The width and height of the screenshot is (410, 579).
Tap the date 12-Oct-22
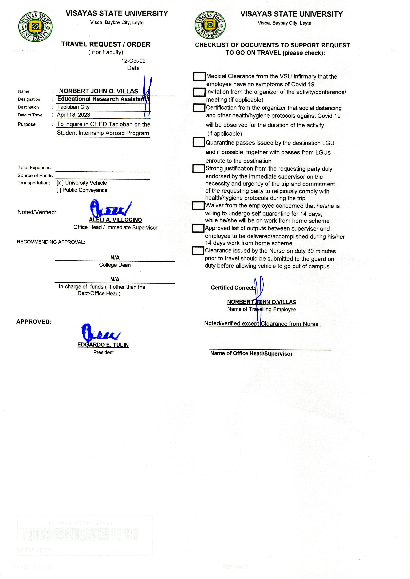tap(133, 61)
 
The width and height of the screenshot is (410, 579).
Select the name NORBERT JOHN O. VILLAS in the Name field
tap(98, 91)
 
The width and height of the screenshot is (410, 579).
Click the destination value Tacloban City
tap(73, 107)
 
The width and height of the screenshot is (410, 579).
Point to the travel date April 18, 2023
tap(74, 115)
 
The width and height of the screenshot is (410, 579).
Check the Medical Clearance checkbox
tap(199, 76)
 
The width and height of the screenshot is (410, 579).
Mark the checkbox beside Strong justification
tap(198, 168)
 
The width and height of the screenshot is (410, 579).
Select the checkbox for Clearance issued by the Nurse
tap(198, 251)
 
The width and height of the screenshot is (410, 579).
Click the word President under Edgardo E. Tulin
tap(103, 352)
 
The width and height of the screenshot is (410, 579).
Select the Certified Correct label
tap(233, 288)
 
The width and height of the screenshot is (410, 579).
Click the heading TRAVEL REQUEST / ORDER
tap(106, 44)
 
